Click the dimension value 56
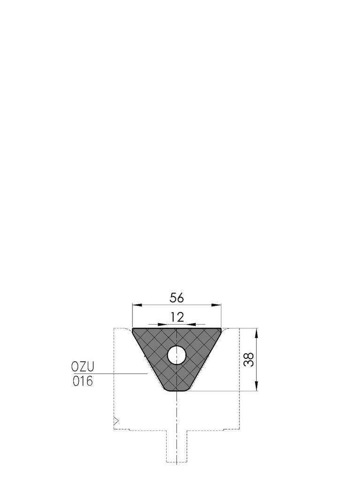point(176,298)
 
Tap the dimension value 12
point(176,318)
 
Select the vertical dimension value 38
point(249,359)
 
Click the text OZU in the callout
point(83,366)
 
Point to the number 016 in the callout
point(83,381)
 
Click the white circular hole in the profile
point(176,355)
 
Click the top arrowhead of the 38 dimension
point(256,333)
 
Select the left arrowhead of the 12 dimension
point(162,324)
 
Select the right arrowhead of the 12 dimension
point(191,324)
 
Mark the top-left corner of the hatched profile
point(133,329)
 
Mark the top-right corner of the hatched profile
point(221,329)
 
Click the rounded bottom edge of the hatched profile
point(176,391)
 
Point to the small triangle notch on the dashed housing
point(116,420)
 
